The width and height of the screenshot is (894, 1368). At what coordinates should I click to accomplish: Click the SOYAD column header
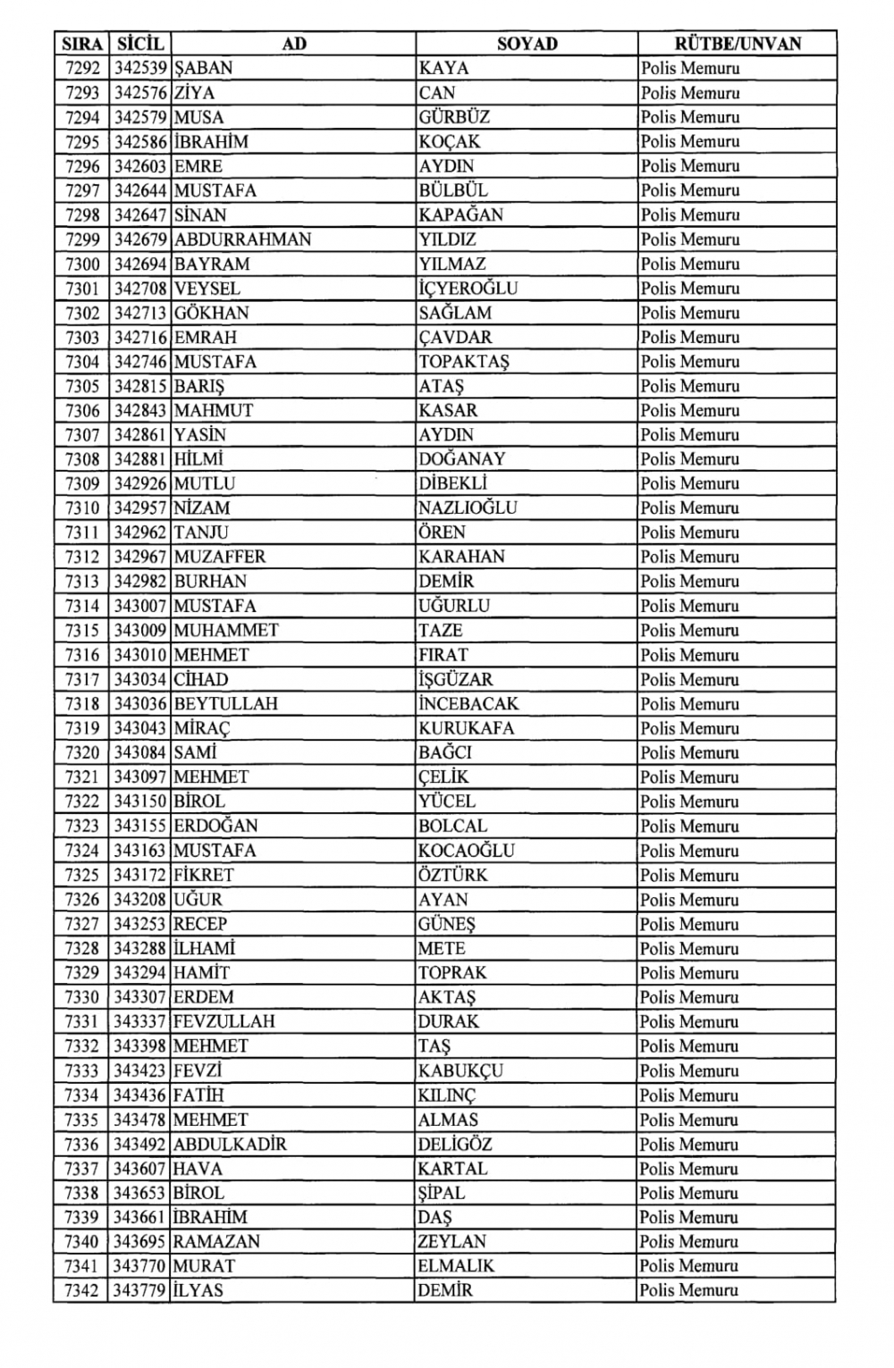click(527, 44)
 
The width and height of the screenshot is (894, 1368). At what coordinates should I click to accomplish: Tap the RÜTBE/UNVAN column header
click(738, 44)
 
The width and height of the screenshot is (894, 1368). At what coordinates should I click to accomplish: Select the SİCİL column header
click(139, 44)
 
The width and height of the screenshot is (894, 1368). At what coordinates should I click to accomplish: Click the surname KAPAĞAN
click(460, 214)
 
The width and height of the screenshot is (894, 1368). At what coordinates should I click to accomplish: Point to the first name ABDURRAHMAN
click(242, 239)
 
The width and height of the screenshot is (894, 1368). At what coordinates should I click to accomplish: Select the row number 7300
click(83, 264)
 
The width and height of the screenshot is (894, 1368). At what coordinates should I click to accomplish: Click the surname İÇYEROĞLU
click(468, 288)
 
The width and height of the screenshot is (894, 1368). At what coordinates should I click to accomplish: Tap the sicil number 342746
click(139, 361)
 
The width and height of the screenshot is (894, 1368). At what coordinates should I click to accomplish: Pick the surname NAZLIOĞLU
click(468, 508)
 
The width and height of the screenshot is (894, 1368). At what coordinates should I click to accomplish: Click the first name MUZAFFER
click(220, 557)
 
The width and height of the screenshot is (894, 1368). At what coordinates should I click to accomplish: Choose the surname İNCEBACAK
click(468, 703)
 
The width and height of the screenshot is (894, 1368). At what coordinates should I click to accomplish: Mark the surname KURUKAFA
click(466, 727)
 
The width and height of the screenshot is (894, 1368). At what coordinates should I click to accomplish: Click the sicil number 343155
click(139, 826)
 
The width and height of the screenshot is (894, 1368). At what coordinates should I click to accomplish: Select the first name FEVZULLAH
click(223, 1021)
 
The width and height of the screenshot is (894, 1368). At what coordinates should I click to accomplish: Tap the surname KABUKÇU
click(460, 1070)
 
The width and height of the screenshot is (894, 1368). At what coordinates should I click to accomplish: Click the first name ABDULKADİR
click(230, 1144)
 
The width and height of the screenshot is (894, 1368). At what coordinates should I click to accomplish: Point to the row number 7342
click(82, 1290)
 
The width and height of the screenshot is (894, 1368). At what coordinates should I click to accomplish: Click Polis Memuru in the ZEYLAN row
click(689, 1241)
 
